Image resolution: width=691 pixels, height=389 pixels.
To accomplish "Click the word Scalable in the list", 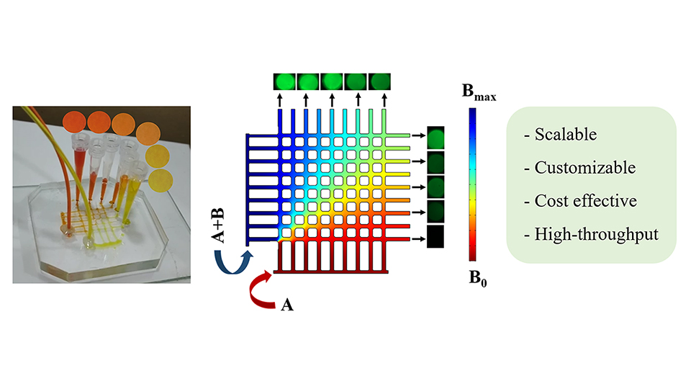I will click(x=566, y=135).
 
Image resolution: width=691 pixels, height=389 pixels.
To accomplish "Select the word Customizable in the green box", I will click(x=584, y=168).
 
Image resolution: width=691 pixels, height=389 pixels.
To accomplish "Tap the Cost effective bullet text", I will click(x=585, y=201).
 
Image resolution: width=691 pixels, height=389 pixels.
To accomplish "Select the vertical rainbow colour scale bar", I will click(x=472, y=184).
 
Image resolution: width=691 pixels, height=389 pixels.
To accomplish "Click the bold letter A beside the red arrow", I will click(x=286, y=306).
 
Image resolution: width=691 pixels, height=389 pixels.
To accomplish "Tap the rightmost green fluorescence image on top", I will click(x=379, y=81).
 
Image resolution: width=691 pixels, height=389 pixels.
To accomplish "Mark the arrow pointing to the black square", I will click(x=418, y=237).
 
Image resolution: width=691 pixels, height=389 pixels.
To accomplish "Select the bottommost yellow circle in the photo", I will click(x=162, y=179).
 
